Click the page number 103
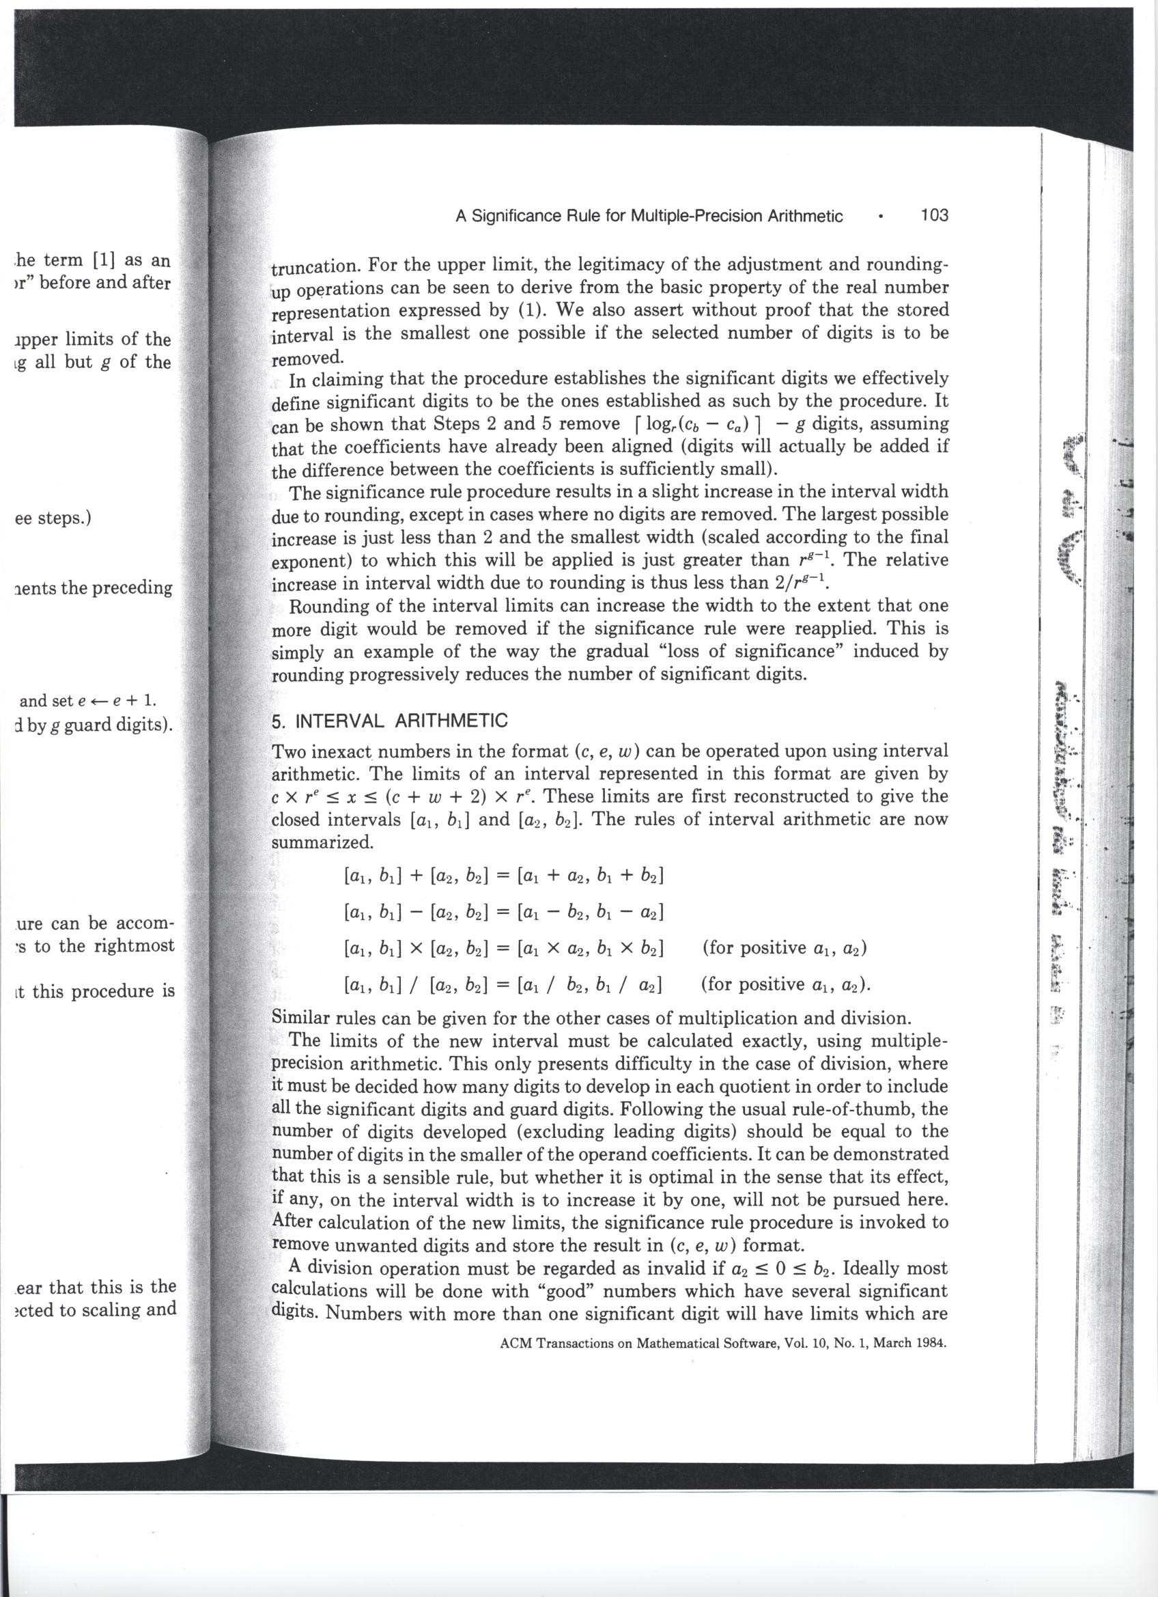pyautogui.click(x=933, y=214)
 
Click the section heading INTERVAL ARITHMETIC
pyautogui.click(x=401, y=721)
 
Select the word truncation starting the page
pyautogui.click(x=316, y=267)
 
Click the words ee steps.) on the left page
pyautogui.click(x=53, y=518)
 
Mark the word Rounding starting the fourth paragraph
pyautogui.click(x=332, y=606)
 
